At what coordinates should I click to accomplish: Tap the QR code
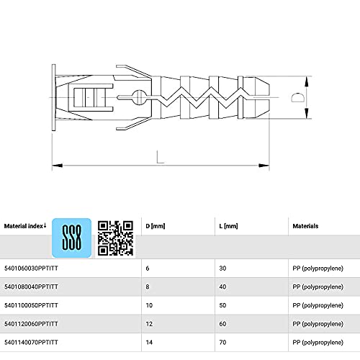(x=116, y=237)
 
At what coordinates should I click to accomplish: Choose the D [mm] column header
(x=155, y=225)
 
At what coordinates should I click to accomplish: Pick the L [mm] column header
(x=227, y=225)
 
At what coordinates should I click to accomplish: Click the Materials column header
(x=306, y=225)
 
